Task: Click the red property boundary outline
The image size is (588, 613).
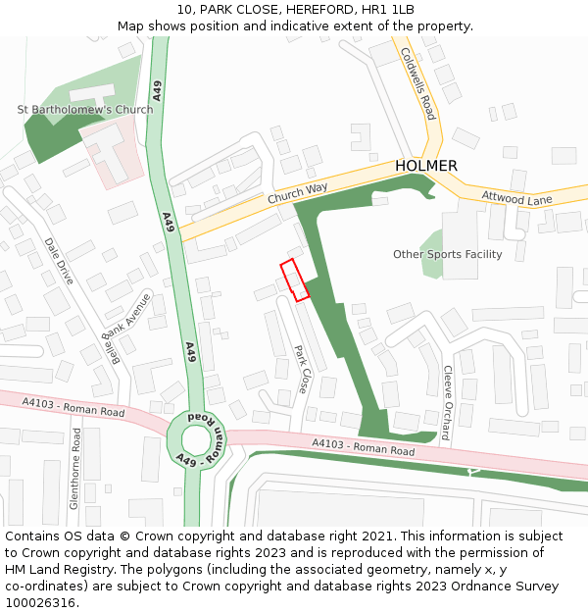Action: pos(295,280)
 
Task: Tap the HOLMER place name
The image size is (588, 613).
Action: pos(426,166)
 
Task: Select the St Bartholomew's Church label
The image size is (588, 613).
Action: pos(85,110)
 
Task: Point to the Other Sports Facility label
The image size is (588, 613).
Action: pos(447,255)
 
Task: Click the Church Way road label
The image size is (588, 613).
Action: pos(297,193)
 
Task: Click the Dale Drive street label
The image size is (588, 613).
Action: pos(59,261)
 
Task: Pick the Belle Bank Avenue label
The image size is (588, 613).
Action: pos(128,328)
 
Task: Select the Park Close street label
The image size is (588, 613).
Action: pos(303,369)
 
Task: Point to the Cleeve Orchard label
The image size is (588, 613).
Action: pos(447,402)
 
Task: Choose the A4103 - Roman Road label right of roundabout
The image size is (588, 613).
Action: pos(364,448)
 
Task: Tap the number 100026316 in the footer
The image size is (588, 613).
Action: pos(39,603)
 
